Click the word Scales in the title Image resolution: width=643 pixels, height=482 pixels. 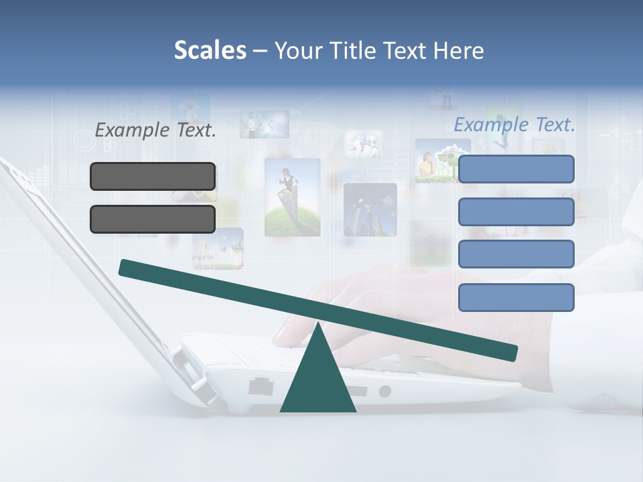coord(210,50)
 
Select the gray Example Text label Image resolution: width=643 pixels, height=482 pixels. coord(155,131)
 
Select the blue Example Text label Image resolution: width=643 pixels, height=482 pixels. coord(514,125)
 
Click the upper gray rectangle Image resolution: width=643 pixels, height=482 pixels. coord(153,176)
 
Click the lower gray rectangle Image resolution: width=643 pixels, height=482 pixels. coord(153,219)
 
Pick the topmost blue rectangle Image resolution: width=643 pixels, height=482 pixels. coord(516,169)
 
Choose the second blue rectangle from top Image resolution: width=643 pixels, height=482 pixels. coord(516,212)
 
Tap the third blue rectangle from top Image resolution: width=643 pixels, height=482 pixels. coord(516,254)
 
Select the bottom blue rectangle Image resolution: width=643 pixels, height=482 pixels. coord(516,297)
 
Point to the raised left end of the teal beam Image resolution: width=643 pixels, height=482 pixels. coord(125,268)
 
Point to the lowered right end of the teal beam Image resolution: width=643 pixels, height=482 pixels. coord(512,353)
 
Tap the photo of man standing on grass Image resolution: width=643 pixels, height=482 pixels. coord(292,197)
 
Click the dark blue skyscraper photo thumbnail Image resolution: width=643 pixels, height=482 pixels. coord(370,210)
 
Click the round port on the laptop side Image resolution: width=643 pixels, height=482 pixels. coord(384,390)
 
